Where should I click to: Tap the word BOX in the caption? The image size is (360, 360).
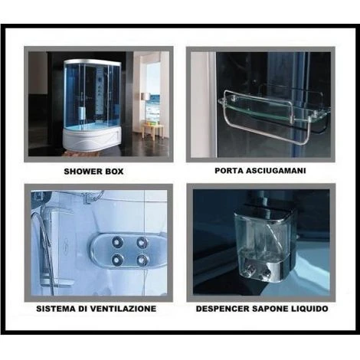[113, 171]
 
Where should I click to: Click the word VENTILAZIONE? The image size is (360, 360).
[123, 309]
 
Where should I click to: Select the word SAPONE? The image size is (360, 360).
[270, 309]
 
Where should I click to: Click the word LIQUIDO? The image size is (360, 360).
[309, 309]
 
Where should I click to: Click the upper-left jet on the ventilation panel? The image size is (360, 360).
[118, 241]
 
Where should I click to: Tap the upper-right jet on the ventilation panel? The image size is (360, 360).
[142, 242]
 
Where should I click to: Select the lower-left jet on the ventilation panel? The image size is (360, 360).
[117, 260]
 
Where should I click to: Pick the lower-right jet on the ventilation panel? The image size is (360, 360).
[142, 260]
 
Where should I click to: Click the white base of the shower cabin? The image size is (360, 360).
[92, 138]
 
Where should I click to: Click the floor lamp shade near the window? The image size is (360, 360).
[146, 97]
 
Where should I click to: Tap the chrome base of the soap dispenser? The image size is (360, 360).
[266, 270]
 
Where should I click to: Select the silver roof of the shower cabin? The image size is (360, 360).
[93, 63]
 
